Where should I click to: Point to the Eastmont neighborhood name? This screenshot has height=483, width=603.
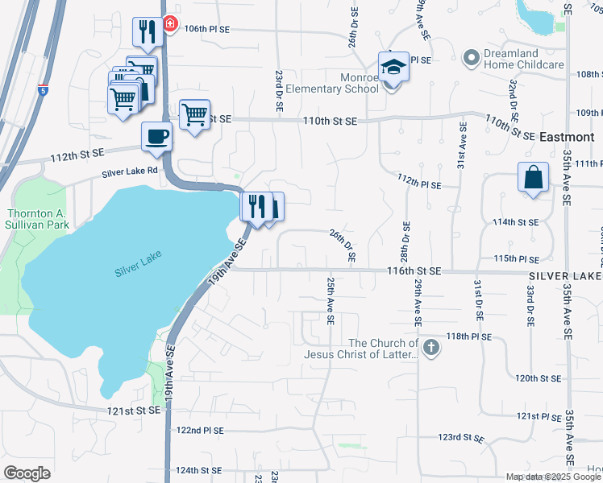[567, 137]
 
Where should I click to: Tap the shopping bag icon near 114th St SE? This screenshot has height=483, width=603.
[534, 178]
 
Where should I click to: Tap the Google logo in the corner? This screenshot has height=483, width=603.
[27, 473]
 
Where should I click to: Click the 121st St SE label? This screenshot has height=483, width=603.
[132, 411]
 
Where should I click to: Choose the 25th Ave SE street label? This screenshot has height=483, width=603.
[331, 300]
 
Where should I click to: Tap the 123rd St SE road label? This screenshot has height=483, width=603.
[460, 438]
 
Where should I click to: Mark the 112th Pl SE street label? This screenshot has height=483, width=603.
[419, 184]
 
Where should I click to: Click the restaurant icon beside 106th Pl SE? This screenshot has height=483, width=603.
[147, 31]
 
